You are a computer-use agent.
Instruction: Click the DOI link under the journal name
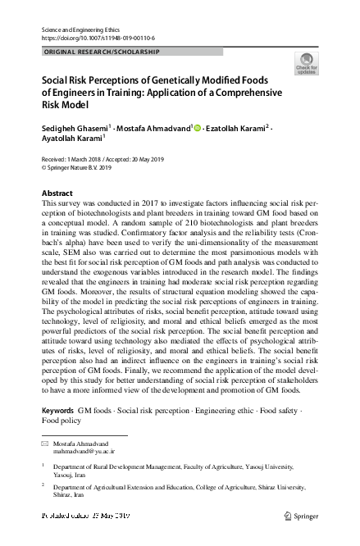[98, 39]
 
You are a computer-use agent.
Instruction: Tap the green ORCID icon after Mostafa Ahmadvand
[198, 128]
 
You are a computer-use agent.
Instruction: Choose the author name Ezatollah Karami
[239, 128]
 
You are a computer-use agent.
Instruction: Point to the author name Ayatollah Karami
[72, 140]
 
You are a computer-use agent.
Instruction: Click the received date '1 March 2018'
[89, 158]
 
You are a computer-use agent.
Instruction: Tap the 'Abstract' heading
[57, 193]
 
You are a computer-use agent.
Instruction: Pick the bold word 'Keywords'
[57, 409]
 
